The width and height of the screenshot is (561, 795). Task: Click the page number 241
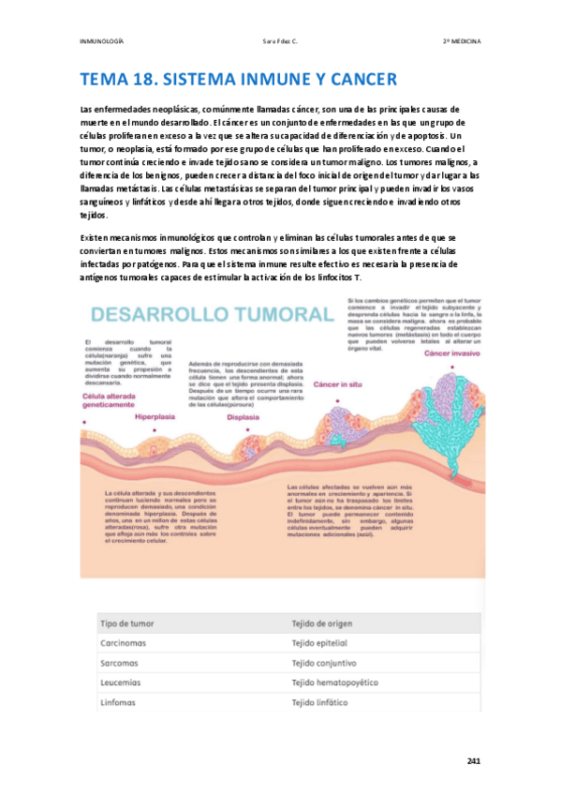click(473, 761)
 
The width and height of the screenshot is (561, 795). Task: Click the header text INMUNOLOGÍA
click(102, 42)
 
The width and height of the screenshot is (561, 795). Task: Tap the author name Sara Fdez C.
click(280, 42)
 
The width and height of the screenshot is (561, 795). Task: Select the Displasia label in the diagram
click(244, 418)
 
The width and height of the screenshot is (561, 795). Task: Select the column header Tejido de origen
click(328, 623)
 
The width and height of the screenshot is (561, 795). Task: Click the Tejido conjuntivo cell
click(324, 663)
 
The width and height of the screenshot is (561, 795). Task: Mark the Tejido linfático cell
click(320, 702)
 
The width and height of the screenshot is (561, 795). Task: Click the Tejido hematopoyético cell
click(335, 682)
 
